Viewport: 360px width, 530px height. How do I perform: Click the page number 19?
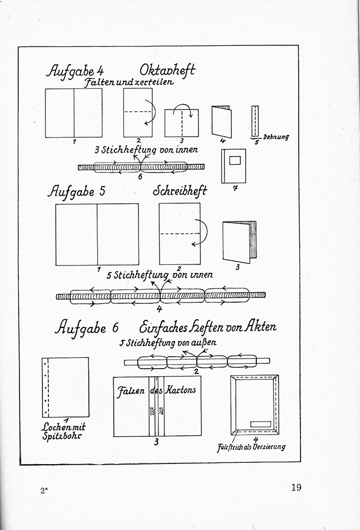[295, 487]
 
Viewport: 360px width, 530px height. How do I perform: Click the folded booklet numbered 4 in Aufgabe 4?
[221, 121]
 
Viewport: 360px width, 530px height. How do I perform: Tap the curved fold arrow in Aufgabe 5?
[202, 233]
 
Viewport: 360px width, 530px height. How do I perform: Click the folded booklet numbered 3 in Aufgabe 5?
[240, 241]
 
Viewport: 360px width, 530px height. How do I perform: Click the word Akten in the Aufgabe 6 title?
[258, 326]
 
